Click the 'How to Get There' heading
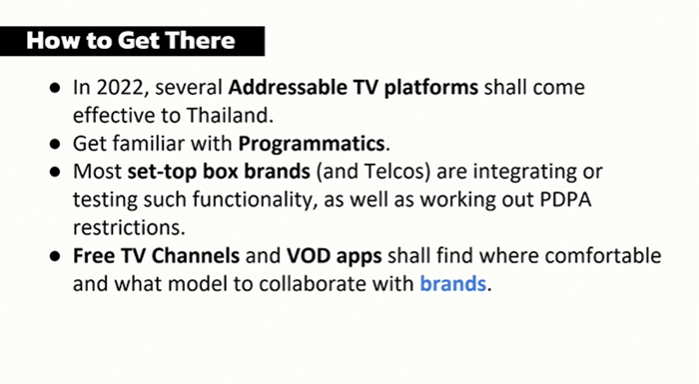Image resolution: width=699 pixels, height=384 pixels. pyautogui.click(x=130, y=41)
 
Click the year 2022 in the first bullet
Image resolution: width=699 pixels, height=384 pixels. pyautogui.click(x=120, y=88)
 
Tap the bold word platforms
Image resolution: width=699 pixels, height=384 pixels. pyautogui.click(x=431, y=88)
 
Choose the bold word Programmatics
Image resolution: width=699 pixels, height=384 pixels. pyautogui.click(x=312, y=144)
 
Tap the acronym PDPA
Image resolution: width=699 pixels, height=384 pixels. pyautogui.click(x=566, y=199)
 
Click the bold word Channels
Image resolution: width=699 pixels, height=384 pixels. pyautogui.click(x=196, y=255)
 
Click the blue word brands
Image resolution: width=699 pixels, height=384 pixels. pyautogui.click(x=453, y=284)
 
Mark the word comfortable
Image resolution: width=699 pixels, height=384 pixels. pyautogui.click(x=603, y=255)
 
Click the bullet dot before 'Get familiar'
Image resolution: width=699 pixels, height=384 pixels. pyautogui.click(x=55, y=145)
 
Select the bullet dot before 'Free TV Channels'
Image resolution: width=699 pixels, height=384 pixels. pyautogui.click(x=55, y=256)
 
